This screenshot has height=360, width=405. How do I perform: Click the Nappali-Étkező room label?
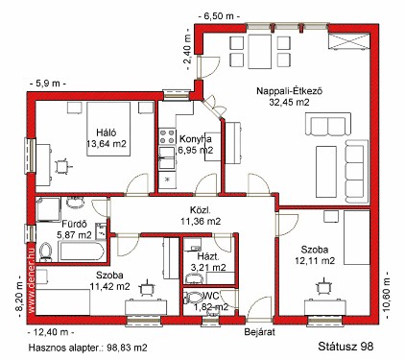coord(289,91)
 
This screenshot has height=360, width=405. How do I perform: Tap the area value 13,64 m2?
coord(107,144)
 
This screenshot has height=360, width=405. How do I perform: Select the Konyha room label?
coord(195,139)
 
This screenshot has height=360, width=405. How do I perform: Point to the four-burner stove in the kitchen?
coord(167,136)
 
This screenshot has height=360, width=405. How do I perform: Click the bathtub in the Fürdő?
coord(81,252)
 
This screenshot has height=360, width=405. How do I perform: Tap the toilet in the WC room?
coord(194,298)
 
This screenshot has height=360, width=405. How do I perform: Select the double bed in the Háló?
coord(108,129)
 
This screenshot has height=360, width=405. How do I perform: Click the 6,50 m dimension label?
coord(219,16)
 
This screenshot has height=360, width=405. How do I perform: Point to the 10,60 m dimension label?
coord(386,295)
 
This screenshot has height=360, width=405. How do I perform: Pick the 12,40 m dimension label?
coord(51,332)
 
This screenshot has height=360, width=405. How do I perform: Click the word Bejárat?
coord(259,332)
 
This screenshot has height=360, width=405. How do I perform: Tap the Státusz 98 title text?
coord(345,346)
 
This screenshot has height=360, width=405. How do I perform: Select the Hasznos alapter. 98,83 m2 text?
coord(88,348)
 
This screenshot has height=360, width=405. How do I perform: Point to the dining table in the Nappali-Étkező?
coord(260,52)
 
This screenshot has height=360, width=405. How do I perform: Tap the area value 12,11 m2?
coord(315,261)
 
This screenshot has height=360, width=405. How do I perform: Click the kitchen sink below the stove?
coord(167,157)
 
